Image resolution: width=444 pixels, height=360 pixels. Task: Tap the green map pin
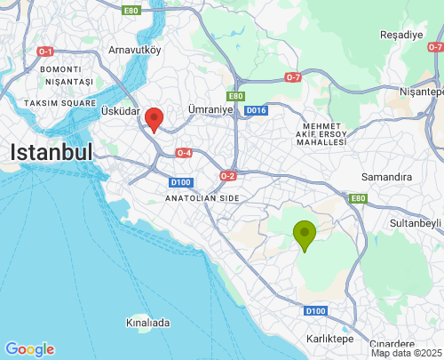(x=305, y=235)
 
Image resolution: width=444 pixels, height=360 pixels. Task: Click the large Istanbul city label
(x=52, y=152)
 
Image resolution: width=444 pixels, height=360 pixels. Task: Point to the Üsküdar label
(x=121, y=111)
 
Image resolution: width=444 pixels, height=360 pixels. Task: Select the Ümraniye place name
(x=210, y=108)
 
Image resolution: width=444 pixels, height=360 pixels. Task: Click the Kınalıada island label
(x=148, y=323)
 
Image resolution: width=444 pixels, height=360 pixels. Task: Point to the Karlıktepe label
(x=331, y=339)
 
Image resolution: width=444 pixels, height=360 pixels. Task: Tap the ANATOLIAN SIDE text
(x=202, y=197)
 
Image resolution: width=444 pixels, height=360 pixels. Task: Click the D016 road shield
(x=257, y=110)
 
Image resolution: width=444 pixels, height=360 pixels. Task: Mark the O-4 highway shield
(x=184, y=153)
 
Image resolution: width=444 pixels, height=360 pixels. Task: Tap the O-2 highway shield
(x=227, y=176)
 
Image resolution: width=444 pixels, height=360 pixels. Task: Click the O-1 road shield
(x=46, y=52)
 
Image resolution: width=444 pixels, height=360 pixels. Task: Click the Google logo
(x=29, y=349)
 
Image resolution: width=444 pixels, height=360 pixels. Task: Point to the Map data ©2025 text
(x=405, y=353)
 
